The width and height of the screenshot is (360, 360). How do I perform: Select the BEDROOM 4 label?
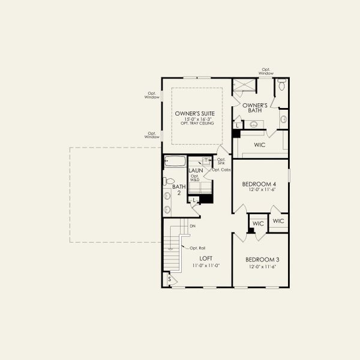[260, 184]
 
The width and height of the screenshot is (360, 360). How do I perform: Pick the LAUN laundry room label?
[196, 170]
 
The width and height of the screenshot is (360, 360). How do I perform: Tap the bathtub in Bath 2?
[175, 161]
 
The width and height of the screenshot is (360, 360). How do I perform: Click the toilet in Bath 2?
[169, 181]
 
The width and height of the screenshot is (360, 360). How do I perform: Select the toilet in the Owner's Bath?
[281, 86]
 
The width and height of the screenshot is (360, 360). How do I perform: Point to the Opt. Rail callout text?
[197, 248]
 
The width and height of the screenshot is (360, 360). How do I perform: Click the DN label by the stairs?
[193, 226]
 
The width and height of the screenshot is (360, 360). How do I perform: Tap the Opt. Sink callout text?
[221, 161]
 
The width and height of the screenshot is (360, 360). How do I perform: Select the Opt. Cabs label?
[221, 170]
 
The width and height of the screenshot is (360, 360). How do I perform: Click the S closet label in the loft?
[169, 280]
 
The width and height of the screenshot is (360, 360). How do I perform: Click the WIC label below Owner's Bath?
[260, 145]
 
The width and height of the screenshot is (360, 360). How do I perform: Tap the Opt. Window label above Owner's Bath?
[266, 71]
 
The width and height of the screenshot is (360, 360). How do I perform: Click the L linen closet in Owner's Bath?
[238, 125]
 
